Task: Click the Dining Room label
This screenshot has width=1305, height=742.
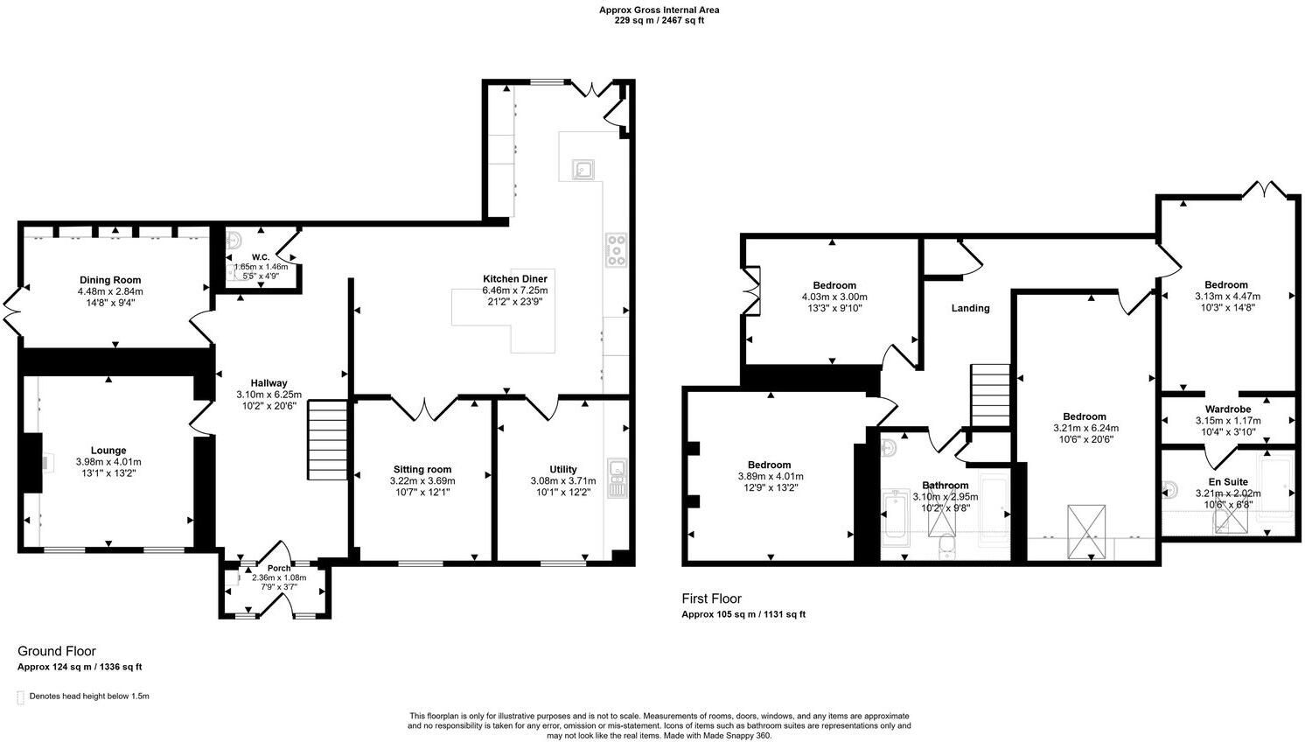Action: click(110, 280)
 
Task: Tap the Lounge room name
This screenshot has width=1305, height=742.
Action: click(108, 451)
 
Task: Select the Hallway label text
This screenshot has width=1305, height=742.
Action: click(269, 383)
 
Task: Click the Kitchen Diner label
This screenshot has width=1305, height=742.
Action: click(515, 278)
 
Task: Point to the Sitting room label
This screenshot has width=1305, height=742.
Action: click(422, 469)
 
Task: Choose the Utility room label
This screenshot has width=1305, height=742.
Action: click(562, 469)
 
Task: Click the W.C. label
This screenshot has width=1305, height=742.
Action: click(261, 257)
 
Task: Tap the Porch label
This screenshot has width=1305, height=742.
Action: click(278, 568)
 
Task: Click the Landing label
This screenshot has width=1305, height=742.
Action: click(970, 308)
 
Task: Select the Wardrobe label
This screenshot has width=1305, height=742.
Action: click(1228, 409)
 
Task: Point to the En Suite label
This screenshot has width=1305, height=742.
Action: click(1228, 482)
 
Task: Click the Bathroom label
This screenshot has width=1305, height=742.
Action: click(945, 486)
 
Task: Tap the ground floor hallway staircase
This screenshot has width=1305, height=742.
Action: click(327, 439)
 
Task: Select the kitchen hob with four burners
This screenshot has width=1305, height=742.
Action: click(616, 249)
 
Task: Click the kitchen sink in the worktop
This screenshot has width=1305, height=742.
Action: click(583, 169)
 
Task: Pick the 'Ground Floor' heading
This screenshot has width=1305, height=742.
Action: click(57, 651)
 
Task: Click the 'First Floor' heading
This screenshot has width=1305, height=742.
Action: click(711, 598)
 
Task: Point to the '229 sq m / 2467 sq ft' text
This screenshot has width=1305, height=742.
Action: click(659, 20)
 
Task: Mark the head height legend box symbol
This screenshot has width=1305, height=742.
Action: click(20, 697)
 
